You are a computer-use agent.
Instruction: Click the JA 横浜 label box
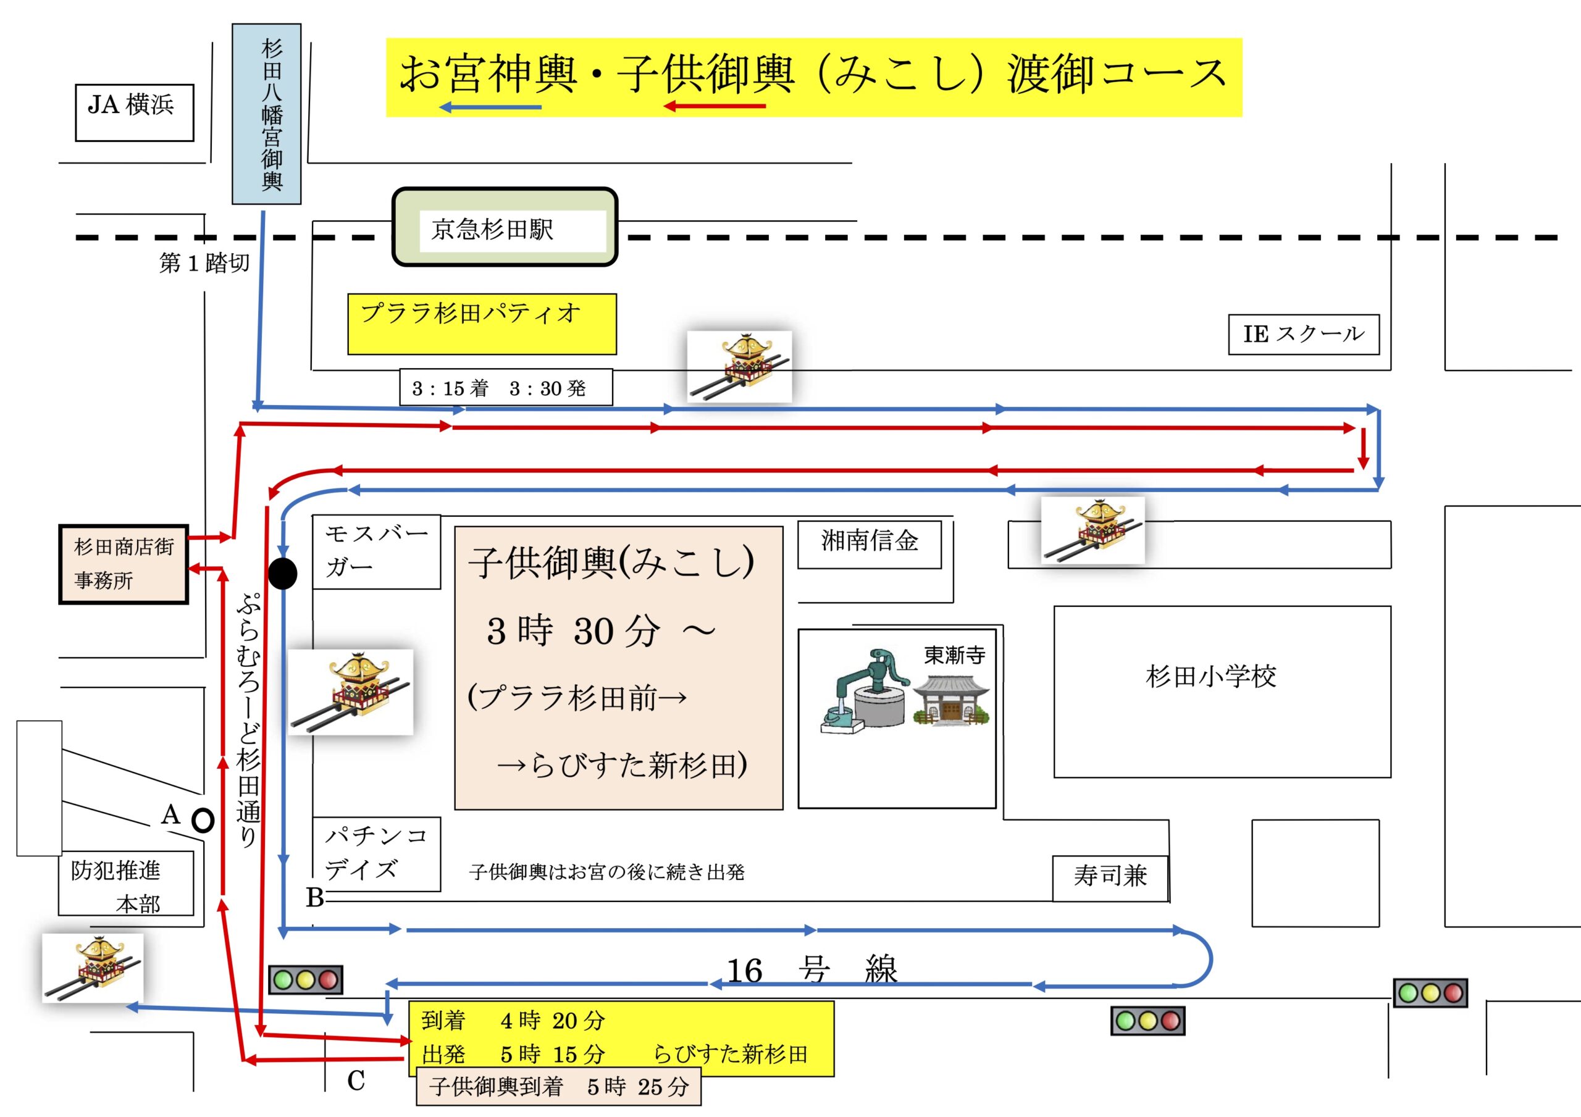pyautogui.click(x=134, y=112)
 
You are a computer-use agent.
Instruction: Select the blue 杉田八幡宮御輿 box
pyautogui.click(x=266, y=114)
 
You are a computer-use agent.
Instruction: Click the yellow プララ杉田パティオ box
pyautogui.click(x=481, y=324)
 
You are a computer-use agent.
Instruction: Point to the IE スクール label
pyautogui.click(x=1304, y=335)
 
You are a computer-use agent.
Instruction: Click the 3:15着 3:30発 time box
pyautogui.click(x=505, y=388)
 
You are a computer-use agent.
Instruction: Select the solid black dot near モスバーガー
pyautogui.click(x=282, y=574)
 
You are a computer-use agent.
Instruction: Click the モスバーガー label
pyautogui.click(x=376, y=551)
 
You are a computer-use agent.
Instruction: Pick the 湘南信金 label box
pyautogui.click(x=869, y=544)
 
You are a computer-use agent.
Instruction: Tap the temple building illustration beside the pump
pyautogui.click(x=952, y=700)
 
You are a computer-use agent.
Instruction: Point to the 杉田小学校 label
pyautogui.click(x=1210, y=676)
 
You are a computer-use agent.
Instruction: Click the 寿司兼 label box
pyautogui.click(x=1110, y=877)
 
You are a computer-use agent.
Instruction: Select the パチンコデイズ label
pyautogui.click(x=376, y=854)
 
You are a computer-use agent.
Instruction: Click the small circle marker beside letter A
pyautogui.click(x=203, y=820)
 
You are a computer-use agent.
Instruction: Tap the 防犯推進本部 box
pyautogui.click(x=125, y=884)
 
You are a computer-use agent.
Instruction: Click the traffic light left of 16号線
pyautogui.click(x=305, y=979)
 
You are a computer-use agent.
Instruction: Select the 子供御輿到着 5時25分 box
pyautogui.click(x=558, y=1086)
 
